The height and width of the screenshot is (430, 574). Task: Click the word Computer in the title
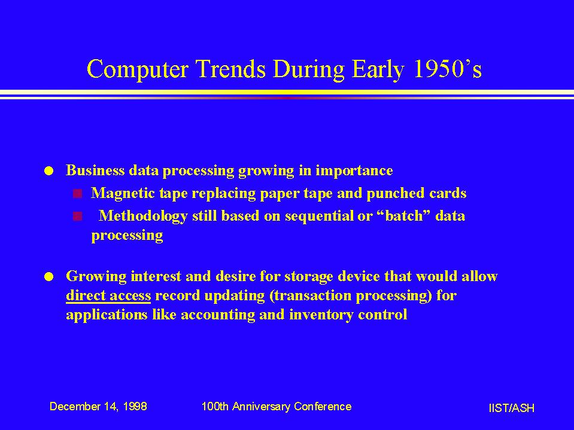[x=138, y=69]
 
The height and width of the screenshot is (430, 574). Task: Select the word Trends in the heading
[x=230, y=69]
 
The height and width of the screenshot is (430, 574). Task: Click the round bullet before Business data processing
[x=48, y=171]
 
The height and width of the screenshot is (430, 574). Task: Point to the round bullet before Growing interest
[x=48, y=277]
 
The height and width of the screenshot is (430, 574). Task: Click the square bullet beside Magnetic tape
[x=77, y=194]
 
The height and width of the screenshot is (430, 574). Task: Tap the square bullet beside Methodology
[x=77, y=216]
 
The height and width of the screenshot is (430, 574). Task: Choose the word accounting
[x=218, y=315]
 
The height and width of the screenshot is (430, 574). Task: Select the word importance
[x=354, y=171]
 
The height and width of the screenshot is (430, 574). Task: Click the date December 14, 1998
[x=98, y=407]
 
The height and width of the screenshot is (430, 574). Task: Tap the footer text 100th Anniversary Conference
[x=277, y=407]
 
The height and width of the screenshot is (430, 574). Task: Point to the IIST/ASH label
[x=511, y=408]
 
